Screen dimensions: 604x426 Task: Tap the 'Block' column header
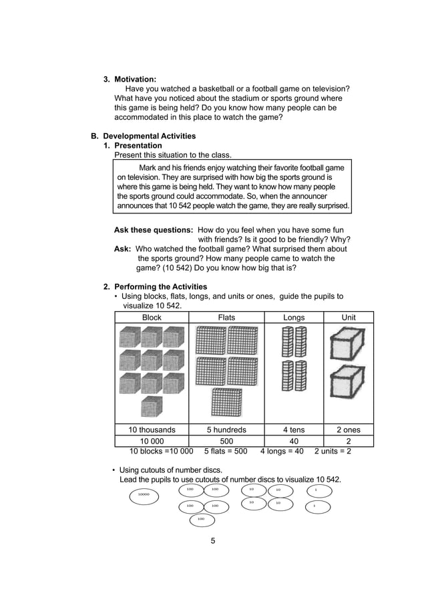pyautogui.click(x=152, y=318)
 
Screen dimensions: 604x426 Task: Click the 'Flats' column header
pyautogui.click(x=226, y=318)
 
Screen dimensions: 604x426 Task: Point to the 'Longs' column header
pyautogui.click(x=294, y=318)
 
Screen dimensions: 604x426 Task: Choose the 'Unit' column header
pyautogui.click(x=349, y=318)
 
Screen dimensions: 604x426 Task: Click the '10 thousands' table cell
pyautogui.click(x=152, y=430)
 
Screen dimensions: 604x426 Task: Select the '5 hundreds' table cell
pyautogui.click(x=226, y=430)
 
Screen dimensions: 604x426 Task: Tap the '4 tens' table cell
pyautogui.click(x=294, y=430)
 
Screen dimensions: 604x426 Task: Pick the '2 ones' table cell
pyautogui.click(x=349, y=430)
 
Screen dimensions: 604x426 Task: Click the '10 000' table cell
pyautogui.click(x=152, y=441)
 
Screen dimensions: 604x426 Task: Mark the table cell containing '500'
pyautogui.click(x=226, y=441)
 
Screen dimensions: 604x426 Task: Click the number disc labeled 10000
pyautogui.click(x=144, y=496)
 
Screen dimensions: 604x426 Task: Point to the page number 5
pyautogui.click(x=213, y=540)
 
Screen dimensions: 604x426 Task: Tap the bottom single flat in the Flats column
pyautogui.click(x=226, y=402)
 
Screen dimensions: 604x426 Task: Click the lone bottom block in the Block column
pyautogui.click(x=152, y=406)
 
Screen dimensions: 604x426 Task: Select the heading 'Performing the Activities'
pyautogui.click(x=160, y=287)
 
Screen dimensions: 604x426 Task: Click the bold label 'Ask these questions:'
pyautogui.click(x=154, y=230)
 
